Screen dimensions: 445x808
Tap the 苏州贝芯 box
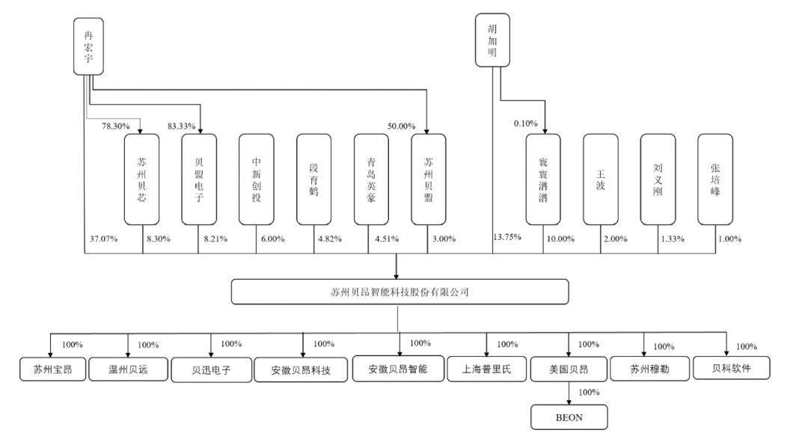[141, 179]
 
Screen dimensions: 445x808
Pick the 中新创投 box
[257, 179]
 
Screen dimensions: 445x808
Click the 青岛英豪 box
[371, 179]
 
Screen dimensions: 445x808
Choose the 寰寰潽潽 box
[543, 179]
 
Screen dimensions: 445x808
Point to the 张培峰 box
[715, 179]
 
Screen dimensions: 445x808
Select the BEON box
[568, 417]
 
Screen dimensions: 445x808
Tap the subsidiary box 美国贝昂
[569, 369]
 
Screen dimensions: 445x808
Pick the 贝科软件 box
[730, 368]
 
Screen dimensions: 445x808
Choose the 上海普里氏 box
[487, 369]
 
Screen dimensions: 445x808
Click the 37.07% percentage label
[103, 239]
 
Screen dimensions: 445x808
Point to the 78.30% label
[116, 126]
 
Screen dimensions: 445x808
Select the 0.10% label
[527, 123]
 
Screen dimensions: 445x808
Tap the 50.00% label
[401, 126]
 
